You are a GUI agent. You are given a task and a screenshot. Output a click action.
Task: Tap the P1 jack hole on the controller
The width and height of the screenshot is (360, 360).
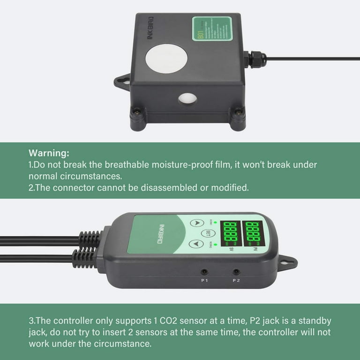[x=204, y=271]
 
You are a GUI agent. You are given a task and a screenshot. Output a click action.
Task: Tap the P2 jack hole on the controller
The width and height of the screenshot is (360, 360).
[x=236, y=271]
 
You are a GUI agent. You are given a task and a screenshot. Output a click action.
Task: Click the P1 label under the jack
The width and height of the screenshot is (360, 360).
[x=204, y=281]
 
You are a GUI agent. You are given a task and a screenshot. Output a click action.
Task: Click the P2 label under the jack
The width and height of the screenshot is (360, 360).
[x=236, y=281]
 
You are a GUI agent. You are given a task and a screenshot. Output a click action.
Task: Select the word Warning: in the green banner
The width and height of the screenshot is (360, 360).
[x=49, y=153]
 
